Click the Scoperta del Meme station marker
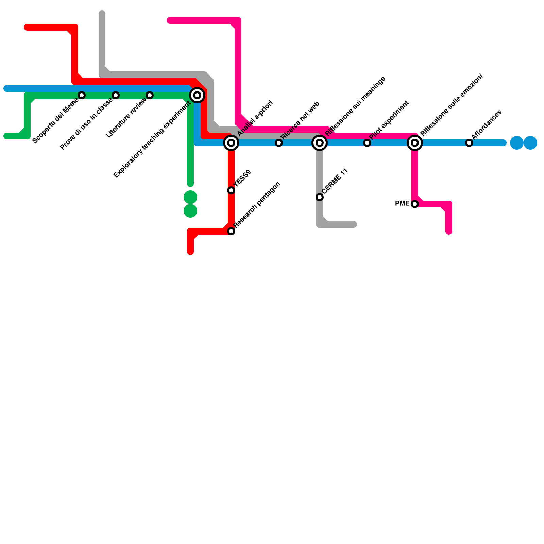tap(82, 95)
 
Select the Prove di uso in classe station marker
tap(116, 95)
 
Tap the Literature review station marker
tap(150, 95)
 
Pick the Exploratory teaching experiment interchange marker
tap(197, 95)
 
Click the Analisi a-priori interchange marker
tap(231, 143)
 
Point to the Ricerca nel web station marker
tap(279, 143)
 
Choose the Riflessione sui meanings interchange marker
tap(320, 143)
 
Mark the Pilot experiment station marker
tap(367, 143)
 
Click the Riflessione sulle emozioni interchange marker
tap(415, 143)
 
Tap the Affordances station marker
tap(469, 143)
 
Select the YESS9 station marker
tap(231, 190)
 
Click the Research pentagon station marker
tap(231, 231)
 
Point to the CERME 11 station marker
tap(320, 197)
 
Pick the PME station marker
tap(415, 204)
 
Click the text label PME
tap(402, 204)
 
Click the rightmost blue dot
tap(530, 143)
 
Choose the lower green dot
tap(190, 211)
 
